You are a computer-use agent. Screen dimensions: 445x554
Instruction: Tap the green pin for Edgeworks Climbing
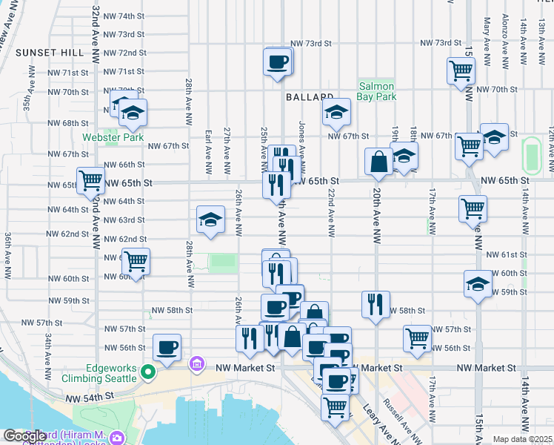[149, 372]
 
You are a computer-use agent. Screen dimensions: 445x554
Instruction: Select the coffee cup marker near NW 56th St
[167, 347]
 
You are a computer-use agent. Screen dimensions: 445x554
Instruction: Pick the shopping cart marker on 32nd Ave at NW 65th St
[90, 179]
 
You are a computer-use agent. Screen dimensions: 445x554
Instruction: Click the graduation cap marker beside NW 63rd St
[210, 220]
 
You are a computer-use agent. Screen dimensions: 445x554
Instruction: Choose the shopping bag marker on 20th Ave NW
[378, 161]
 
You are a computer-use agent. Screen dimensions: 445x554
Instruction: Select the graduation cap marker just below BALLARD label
[336, 113]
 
